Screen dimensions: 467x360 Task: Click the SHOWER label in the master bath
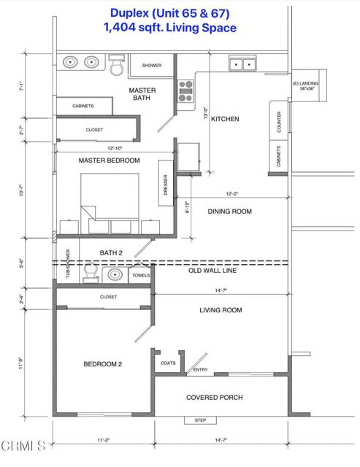pyautogui.click(x=151, y=66)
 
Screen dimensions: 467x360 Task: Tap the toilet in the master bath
pyautogui.click(x=117, y=65)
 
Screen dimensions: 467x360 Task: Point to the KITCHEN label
pyautogui.click(x=225, y=119)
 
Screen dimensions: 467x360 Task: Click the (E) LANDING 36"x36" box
pyautogui.click(x=305, y=85)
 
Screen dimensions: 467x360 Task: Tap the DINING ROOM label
pyautogui.click(x=230, y=212)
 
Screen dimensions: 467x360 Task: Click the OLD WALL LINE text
pyautogui.click(x=230, y=271)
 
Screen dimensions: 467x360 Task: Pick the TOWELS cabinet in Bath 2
pyautogui.click(x=140, y=275)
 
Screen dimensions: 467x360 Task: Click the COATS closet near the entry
pyautogui.click(x=167, y=363)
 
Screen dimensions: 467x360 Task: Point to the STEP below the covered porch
pyautogui.click(x=200, y=420)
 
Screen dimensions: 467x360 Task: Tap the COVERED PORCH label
pyautogui.click(x=214, y=398)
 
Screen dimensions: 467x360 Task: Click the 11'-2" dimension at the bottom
pyautogui.click(x=103, y=441)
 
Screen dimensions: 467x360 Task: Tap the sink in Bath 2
pyautogui.click(x=114, y=275)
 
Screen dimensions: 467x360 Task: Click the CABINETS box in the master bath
pyautogui.click(x=83, y=106)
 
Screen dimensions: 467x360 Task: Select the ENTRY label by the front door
pyautogui.click(x=200, y=370)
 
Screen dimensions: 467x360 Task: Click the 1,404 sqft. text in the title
pyautogui.click(x=129, y=28)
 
